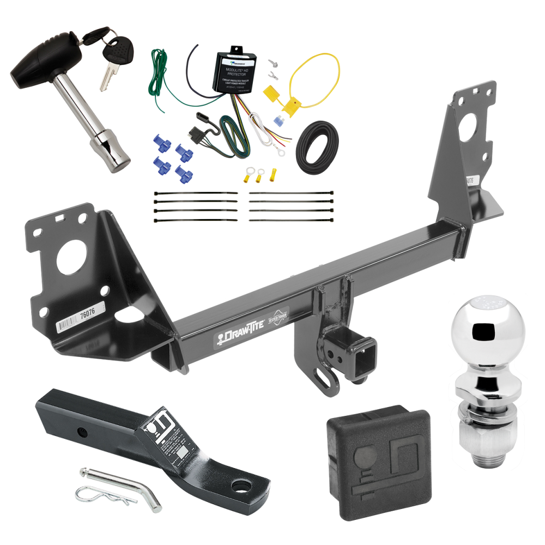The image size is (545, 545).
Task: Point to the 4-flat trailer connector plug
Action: [x=198, y=134]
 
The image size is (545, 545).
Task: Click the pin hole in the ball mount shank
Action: [x=82, y=433]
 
